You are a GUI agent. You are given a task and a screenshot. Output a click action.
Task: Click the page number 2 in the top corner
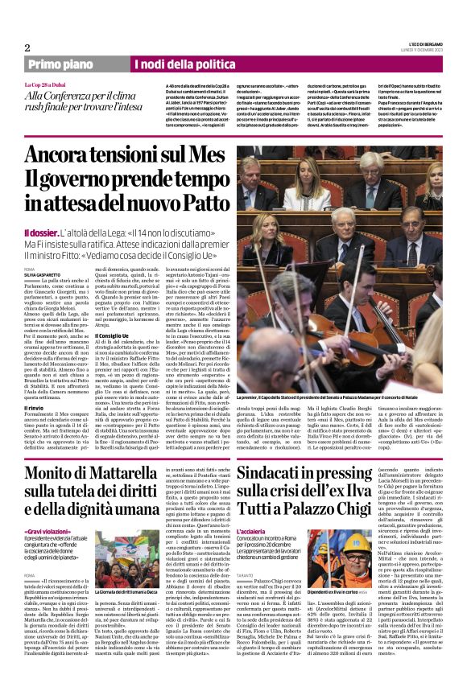click(x=27, y=47)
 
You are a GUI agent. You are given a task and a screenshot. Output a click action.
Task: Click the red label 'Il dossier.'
click(x=41, y=232)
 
